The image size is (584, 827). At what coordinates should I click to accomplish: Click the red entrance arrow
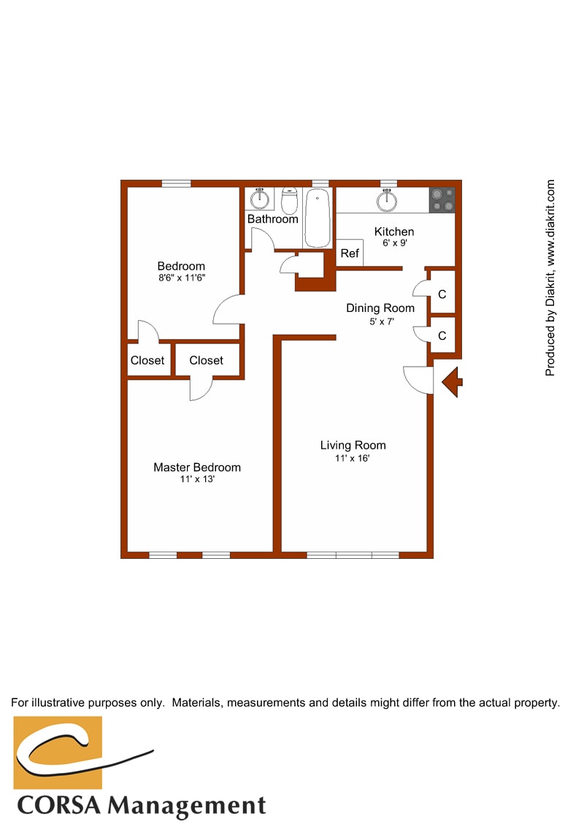tap(451, 381)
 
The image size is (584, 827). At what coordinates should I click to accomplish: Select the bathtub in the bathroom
tap(318, 218)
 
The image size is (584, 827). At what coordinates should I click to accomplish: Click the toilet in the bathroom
tap(290, 199)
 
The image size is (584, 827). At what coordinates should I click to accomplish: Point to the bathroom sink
tap(260, 198)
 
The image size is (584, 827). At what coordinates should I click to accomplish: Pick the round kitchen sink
tap(387, 199)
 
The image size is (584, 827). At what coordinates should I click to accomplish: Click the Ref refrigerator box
tap(350, 254)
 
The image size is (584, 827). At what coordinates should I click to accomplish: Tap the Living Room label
tap(353, 445)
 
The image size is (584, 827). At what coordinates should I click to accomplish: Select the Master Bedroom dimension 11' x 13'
tap(196, 480)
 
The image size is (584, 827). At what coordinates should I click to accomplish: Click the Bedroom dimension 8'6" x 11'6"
tap(181, 278)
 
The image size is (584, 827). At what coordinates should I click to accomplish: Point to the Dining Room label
tap(380, 308)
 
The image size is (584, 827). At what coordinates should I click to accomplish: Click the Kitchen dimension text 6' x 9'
tap(394, 243)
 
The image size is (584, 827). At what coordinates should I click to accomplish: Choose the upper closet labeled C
tap(442, 294)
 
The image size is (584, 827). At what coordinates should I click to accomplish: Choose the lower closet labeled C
tap(442, 336)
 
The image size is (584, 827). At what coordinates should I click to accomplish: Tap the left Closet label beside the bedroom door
tap(147, 360)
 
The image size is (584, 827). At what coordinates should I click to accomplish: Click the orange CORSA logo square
tap(58, 752)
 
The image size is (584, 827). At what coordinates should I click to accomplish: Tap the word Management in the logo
tap(187, 806)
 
